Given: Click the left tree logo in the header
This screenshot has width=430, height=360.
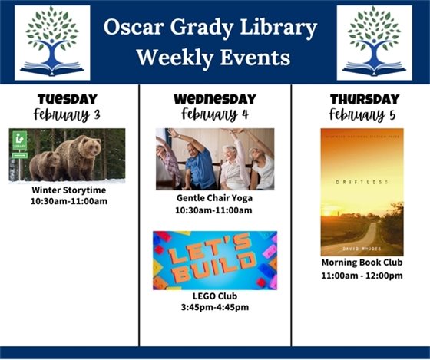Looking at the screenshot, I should point(52,43).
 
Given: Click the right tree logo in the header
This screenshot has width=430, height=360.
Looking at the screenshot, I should point(374,43).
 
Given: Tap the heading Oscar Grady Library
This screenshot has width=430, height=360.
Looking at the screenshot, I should point(211,29).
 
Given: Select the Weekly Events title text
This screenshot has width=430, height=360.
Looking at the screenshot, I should point(211,58).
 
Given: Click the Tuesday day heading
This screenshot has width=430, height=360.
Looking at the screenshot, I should point(68,99).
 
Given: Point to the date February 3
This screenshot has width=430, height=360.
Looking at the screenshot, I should point(68,114).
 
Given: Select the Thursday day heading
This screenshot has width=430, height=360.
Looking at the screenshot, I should point(364,99).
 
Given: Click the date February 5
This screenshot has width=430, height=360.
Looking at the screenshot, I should point(364,114).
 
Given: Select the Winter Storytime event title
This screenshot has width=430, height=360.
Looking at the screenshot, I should point(69,190).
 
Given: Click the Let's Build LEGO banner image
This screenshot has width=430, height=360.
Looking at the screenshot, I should point(214,260).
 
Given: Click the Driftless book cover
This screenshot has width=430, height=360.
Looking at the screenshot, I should point(361,191).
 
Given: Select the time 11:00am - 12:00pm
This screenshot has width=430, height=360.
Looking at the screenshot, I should point(362,276).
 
